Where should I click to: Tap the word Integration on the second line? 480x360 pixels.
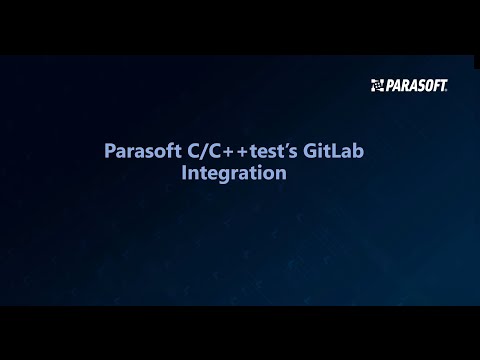234,174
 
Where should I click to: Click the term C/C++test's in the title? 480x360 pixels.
242,152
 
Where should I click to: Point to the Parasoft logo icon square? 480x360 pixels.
377,85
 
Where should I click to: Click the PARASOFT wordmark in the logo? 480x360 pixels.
416,85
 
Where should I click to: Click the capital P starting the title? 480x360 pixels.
110,152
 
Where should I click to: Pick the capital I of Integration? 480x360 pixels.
184,174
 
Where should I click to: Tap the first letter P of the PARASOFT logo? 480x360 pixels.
390,85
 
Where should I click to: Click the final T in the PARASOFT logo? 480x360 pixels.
441,85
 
